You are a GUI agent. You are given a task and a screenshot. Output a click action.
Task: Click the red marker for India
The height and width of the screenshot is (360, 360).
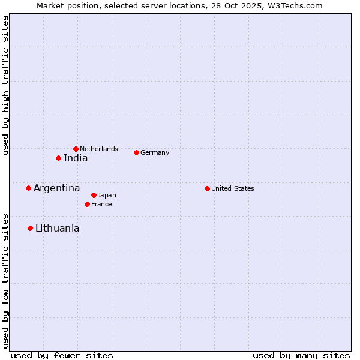(58, 158)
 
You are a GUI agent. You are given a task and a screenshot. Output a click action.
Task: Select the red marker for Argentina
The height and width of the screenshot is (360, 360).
(28, 188)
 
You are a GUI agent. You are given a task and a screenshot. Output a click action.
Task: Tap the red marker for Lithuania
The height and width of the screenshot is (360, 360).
(30, 229)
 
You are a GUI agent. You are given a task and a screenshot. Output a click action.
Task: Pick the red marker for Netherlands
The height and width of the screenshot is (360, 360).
(76, 149)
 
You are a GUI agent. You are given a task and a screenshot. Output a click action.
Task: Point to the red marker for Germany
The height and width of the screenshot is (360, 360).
(136, 152)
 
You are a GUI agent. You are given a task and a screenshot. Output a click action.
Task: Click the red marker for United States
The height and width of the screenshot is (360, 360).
(207, 188)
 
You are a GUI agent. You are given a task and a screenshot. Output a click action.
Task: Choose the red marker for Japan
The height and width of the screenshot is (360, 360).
(94, 195)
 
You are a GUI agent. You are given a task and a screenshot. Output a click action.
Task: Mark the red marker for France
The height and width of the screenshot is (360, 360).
(87, 204)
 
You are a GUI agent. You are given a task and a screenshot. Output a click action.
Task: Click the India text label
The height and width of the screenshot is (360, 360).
(76, 158)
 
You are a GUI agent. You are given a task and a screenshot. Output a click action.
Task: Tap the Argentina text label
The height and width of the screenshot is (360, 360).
(56, 188)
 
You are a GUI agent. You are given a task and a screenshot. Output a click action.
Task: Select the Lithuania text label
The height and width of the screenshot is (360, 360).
(57, 229)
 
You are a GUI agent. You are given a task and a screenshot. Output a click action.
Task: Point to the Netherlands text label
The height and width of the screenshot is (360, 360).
(99, 149)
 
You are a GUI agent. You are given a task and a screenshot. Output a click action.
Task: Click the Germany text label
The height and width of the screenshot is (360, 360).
(155, 152)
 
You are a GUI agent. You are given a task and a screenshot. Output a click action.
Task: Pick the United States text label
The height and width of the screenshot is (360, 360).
(233, 188)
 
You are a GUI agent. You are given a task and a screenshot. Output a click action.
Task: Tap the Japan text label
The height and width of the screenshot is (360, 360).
(107, 195)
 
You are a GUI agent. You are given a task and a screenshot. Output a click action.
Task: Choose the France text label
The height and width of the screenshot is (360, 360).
(101, 204)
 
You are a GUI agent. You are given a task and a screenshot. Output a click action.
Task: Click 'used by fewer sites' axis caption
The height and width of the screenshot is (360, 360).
(62, 355)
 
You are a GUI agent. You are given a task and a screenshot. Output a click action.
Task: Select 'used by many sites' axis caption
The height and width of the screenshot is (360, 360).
(301, 355)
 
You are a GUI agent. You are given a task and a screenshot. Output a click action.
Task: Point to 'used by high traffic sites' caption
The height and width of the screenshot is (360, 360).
(5, 86)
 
